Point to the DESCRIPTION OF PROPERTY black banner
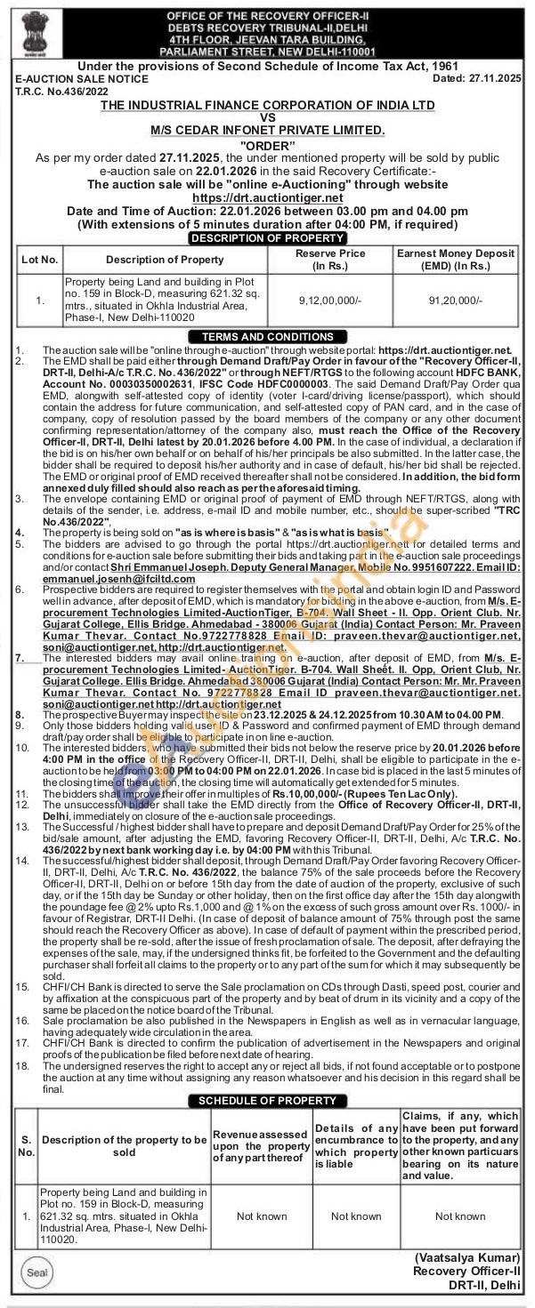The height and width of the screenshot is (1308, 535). (x=267, y=238)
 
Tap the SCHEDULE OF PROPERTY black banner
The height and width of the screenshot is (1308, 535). (x=267, y=1101)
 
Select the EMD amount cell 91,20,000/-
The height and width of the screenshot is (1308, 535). (x=457, y=301)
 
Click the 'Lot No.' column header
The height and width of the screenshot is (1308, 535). (x=40, y=260)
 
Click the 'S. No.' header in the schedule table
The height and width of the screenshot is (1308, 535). (x=27, y=1145)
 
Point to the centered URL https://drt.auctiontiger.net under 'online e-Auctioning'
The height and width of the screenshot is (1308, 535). (x=267, y=197)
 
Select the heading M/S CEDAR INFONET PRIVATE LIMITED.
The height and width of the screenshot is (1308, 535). (x=267, y=130)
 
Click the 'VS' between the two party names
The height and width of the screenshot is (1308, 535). (x=267, y=116)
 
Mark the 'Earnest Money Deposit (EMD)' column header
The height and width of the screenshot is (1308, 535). (x=457, y=260)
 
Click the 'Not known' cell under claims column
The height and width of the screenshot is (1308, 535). (x=459, y=1216)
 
